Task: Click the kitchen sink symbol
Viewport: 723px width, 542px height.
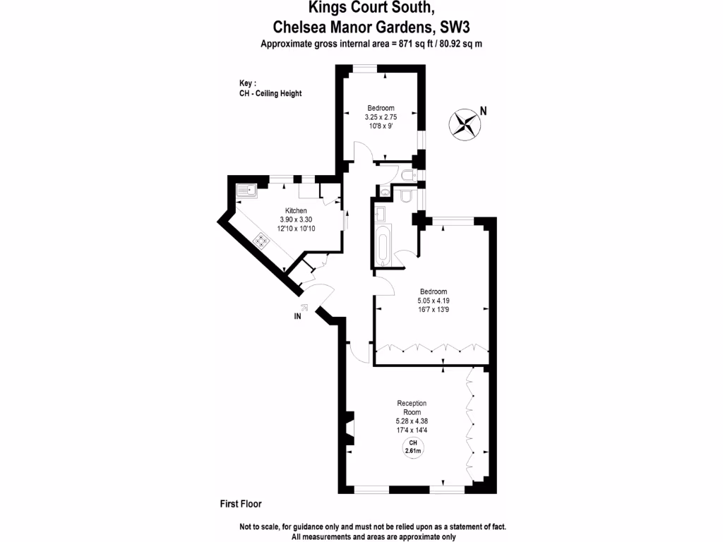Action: point(246,189)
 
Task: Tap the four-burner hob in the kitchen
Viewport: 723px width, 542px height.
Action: point(262,241)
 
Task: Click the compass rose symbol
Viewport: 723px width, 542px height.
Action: point(464,124)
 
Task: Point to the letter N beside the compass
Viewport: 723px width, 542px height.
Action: point(484,110)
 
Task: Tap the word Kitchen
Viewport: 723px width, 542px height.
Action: point(295,211)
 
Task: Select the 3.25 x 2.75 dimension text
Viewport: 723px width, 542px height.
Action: point(381,117)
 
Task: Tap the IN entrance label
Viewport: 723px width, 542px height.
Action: point(298,317)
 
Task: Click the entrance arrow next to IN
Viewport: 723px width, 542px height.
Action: point(304,307)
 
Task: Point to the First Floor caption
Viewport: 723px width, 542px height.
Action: point(240,504)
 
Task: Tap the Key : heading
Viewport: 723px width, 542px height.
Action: point(247,83)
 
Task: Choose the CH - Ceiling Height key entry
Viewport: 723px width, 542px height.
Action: point(270,94)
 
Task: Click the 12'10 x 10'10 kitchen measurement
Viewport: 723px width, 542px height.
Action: point(295,228)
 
